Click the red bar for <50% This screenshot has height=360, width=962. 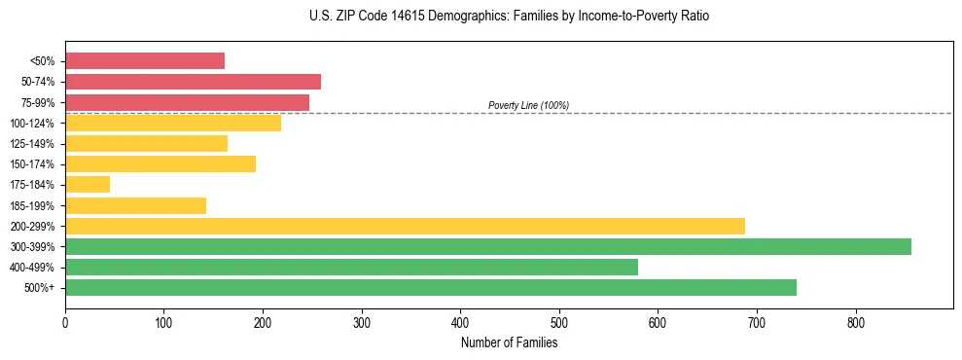point(145,61)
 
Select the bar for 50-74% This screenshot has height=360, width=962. point(193,82)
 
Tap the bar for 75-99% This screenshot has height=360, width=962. point(187,102)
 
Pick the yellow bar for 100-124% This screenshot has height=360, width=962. point(173,123)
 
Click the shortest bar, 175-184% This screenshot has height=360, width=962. point(88,184)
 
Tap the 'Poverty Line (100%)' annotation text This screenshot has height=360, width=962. point(528,105)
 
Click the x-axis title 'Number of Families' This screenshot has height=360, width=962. point(509,342)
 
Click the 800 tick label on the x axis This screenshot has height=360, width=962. point(856,322)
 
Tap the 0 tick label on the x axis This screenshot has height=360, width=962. point(65,322)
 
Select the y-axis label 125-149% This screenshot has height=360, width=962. point(32,144)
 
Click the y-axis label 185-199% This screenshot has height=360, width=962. point(32,205)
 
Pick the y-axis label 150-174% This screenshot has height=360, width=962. point(32,164)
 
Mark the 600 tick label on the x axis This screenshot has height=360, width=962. point(658,322)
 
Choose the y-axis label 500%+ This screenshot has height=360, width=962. point(38,288)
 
